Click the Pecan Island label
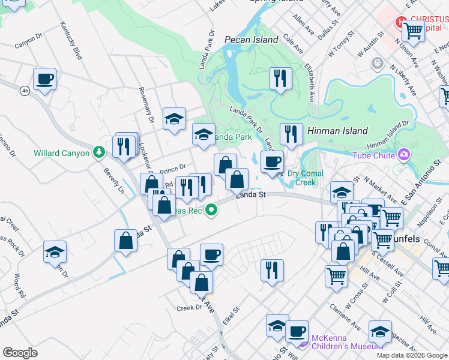coord(251,40)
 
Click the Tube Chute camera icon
coord(404,155)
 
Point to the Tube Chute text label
coord(373,156)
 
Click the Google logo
coord(20,353)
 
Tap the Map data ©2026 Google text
coord(411,355)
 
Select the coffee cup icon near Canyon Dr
coord(45,79)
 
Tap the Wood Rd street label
coord(18,287)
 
